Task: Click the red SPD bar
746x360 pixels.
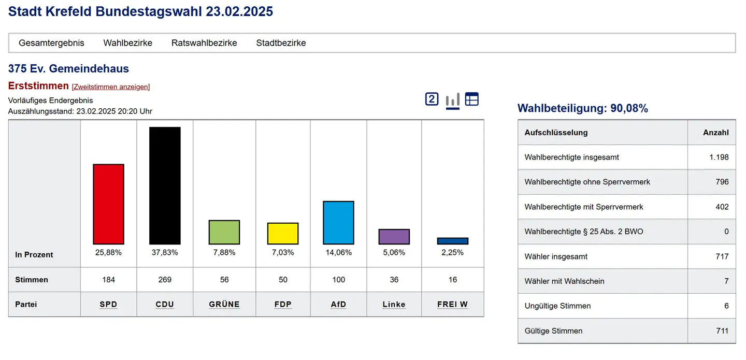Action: [x=108, y=204]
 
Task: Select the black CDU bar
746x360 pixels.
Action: [x=165, y=185]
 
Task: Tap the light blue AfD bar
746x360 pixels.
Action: [x=338, y=223]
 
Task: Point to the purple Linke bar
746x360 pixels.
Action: [x=394, y=237]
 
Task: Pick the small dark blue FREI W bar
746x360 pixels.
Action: [x=452, y=241]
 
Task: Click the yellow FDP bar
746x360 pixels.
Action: [x=283, y=234]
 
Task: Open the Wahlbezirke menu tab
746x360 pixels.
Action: [x=128, y=43]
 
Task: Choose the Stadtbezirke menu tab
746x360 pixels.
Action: [x=281, y=43]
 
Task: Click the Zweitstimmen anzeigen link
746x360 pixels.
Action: [x=111, y=87]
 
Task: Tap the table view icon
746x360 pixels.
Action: [x=471, y=99]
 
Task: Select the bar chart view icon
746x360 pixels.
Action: [x=452, y=99]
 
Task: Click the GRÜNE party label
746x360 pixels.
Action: [x=224, y=305]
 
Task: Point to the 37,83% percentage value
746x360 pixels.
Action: [x=165, y=253]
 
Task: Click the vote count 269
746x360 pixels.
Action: [x=165, y=280]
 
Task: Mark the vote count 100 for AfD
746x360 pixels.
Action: [x=338, y=280]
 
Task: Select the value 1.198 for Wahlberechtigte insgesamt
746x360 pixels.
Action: [x=719, y=157]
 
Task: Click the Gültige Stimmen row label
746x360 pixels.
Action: [x=553, y=331]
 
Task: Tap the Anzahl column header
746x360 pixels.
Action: [x=715, y=133]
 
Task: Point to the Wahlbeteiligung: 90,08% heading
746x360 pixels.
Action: [x=583, y=108]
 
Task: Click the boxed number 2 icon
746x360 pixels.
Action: [x=432, y=99]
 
